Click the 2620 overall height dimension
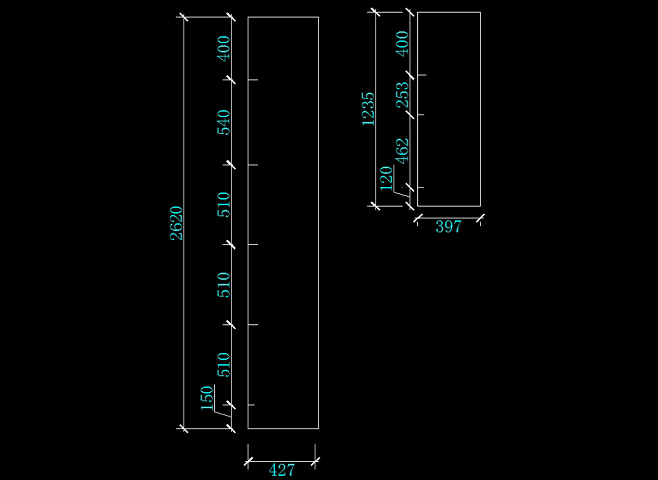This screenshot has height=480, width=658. (x=176, y=223)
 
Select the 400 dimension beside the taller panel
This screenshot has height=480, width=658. (x=223, y=48)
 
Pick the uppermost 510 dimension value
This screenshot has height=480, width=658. (x=223, y=204)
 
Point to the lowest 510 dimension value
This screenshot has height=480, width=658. (x=223, y=364)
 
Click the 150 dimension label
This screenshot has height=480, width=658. (x=207, y=398)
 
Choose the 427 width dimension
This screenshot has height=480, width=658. (x=282, y=470)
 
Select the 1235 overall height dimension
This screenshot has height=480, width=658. (x=368, y=108)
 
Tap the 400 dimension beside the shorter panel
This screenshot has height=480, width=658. (x=402, y=43)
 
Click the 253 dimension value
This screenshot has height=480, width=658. (x=402, y=94)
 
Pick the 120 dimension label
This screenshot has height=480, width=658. (x=387, y=178)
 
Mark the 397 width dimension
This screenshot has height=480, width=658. (x=449, y=226)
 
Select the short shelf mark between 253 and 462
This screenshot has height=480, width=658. (x=422, y=115)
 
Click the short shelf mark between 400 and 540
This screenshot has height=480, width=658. (x=253, y=80)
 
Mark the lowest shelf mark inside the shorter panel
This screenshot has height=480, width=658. (x=422, y=187)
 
